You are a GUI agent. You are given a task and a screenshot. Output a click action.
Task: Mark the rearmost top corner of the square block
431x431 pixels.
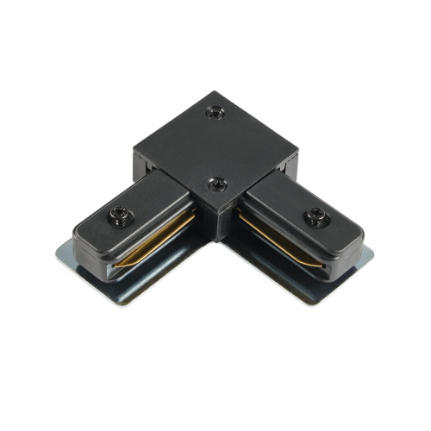pos(210,92)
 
